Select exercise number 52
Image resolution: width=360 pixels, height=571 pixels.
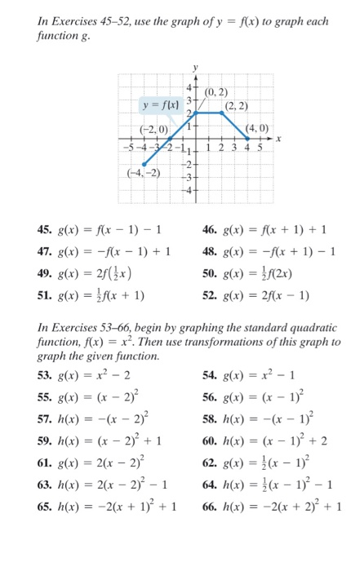coord(208,295)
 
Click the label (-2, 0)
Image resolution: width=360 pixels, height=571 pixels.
coord(154,130)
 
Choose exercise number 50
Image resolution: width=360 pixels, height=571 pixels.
coord(208,273)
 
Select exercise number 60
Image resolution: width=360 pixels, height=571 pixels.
coord(208,440)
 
